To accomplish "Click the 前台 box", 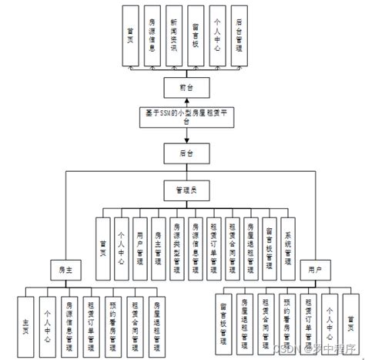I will tap(182, 86).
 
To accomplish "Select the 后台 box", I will tap(182, 153).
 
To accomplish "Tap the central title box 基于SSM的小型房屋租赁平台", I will tap(182, 116).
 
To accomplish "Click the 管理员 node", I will tap(182, 188).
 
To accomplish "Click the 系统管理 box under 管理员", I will tap(288, 247).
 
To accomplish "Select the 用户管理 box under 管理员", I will tap(139, 247).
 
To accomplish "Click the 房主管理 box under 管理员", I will tap(158, 247).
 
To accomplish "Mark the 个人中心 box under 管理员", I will tap(121, 247).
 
